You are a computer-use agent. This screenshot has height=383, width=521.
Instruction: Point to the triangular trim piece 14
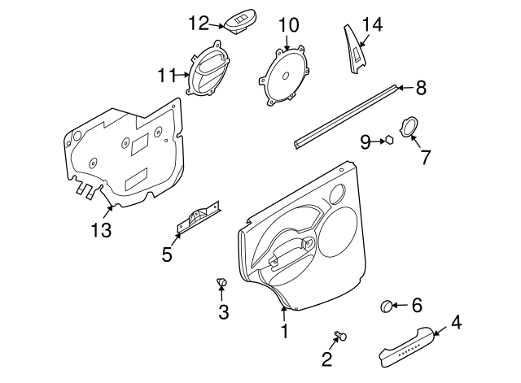(x=355, y=49)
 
